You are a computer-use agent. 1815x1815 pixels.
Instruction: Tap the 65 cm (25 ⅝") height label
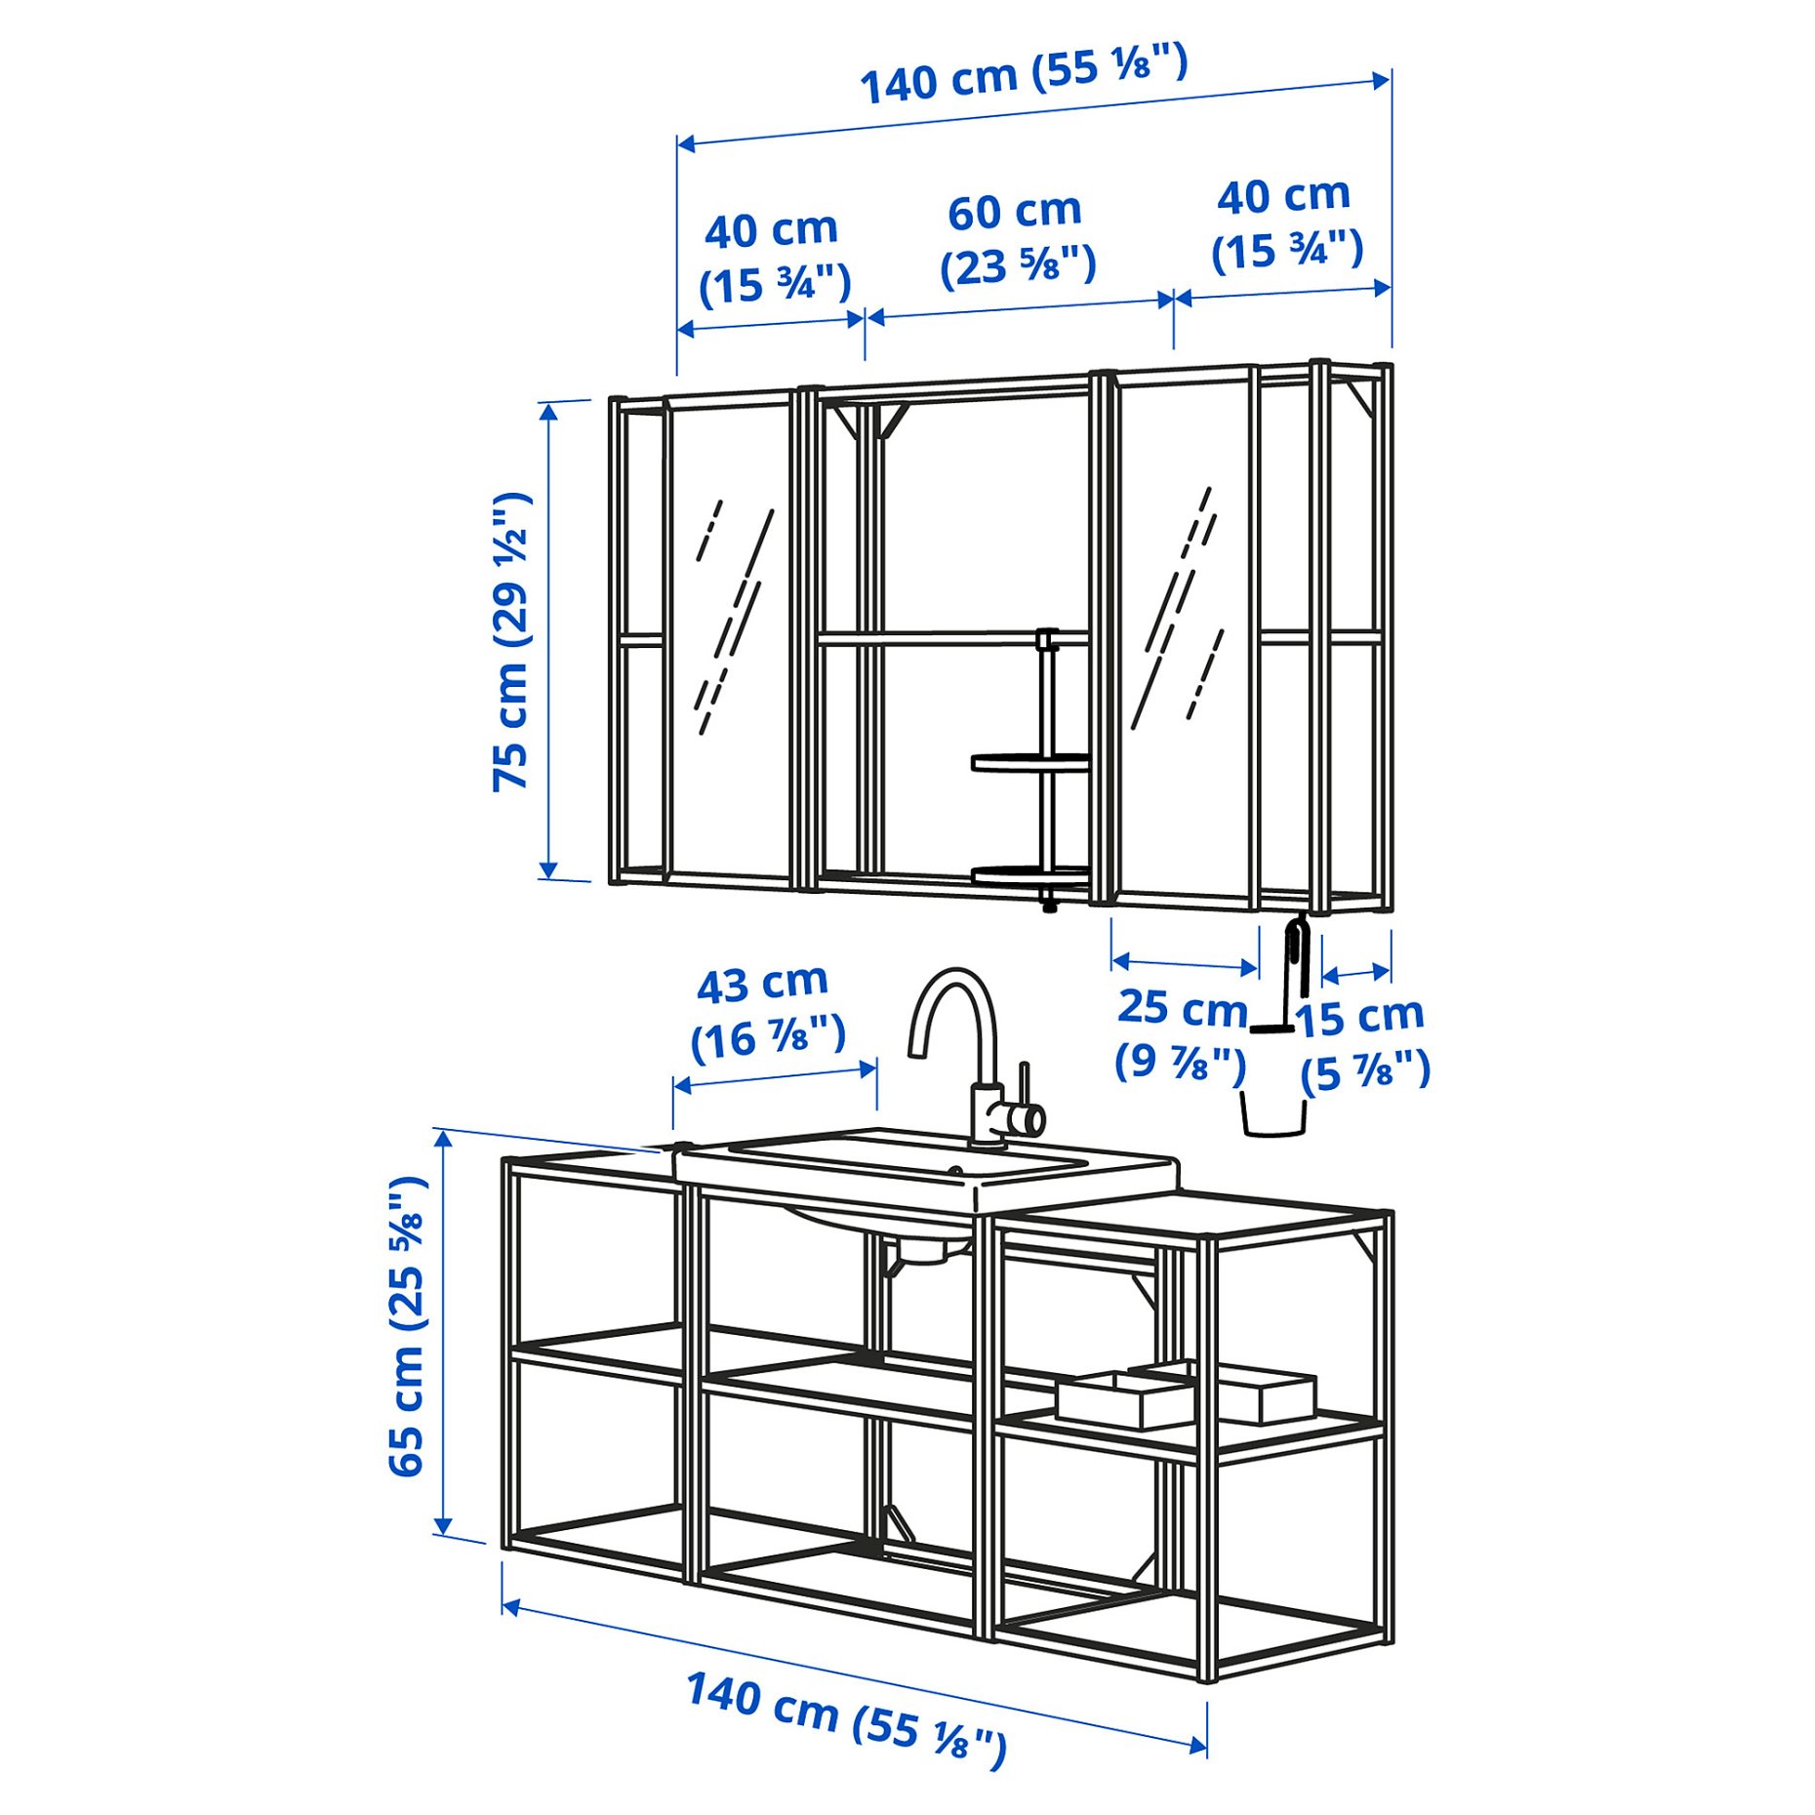coord(408,1326)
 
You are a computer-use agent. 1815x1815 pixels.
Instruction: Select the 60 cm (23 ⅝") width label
coord(1017,239)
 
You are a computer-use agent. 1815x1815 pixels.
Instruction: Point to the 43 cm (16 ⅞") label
coord(767,1013)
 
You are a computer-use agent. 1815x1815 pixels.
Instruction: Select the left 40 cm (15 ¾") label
coord(774,259)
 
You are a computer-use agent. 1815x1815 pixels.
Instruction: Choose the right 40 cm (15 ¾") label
coord(1286,223)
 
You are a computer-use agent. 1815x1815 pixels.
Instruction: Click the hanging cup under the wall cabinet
coord(1273,1113)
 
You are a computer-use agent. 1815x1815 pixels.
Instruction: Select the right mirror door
coord(1187,634)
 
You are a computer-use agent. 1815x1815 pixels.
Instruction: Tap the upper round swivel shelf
coord(1029,762)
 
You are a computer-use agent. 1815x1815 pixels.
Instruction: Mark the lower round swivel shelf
coord(1029,875)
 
